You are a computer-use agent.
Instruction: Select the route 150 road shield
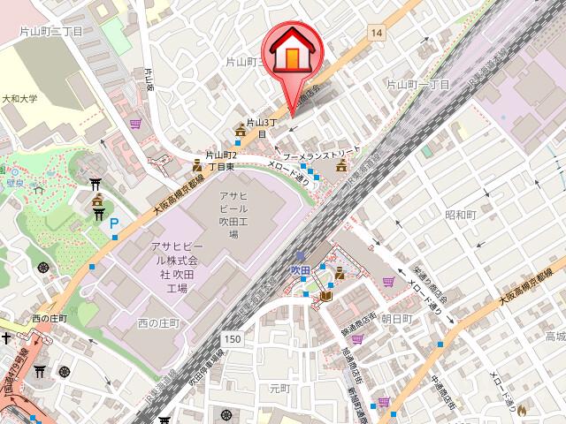[x=233, y=339]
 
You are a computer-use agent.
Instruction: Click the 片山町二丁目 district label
[x=50, y=31]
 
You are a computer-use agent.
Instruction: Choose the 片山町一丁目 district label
[x=417, y=84]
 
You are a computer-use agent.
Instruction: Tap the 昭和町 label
[x=461, y=215]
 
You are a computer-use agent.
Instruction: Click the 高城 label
[x=555, y=337]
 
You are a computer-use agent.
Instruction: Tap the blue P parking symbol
[x=113, y=226]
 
